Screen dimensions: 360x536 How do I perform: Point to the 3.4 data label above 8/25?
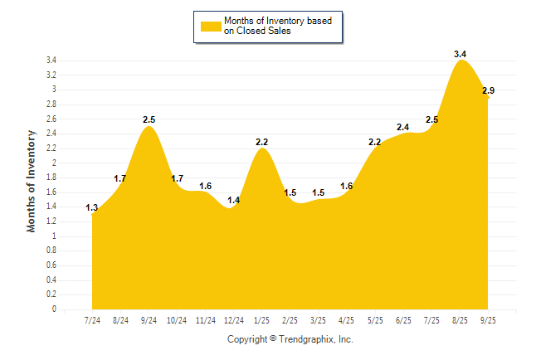point(460,54)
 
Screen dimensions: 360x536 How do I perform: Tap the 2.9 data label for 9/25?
point(489,90)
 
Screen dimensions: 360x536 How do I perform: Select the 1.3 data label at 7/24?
point(92,208)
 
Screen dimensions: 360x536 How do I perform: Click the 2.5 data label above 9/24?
point(149,119)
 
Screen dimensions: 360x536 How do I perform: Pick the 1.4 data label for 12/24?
point(234,201)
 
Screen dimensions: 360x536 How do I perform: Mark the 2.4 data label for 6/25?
point(403,127)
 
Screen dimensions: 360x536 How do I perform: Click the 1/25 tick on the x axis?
point(262,319)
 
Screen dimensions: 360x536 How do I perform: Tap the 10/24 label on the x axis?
point(177,319)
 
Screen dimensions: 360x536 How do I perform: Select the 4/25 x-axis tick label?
point(347,319)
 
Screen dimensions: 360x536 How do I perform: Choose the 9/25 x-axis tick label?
point(489,319)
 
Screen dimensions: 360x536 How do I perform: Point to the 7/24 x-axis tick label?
point(92,319)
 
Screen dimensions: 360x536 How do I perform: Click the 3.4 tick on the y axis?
point(51,61)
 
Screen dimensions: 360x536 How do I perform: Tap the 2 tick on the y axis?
point(54,163)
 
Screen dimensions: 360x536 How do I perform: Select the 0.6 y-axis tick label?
point(51,265)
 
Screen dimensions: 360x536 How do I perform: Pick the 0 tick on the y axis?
point(54,309)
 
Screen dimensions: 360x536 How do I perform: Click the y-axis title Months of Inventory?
point(32,180)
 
